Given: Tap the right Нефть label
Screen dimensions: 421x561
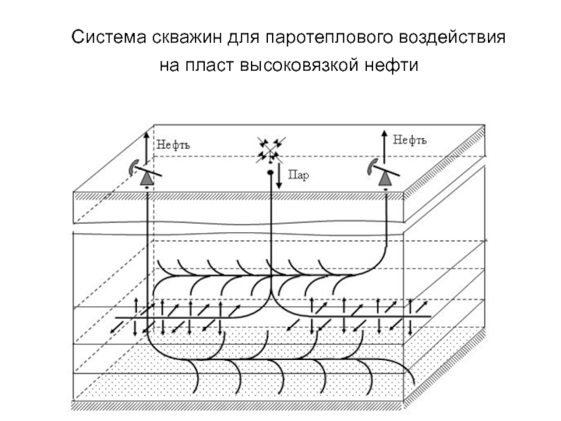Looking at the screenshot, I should click(410, 140).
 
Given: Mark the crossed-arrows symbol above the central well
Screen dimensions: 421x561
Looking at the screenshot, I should click(270, 149).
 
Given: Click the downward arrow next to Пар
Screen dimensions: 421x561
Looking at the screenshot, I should click(280, 176).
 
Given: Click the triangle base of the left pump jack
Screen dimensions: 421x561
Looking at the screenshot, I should click(147, 180).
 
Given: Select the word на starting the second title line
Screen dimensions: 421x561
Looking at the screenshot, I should click(170, 67).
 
